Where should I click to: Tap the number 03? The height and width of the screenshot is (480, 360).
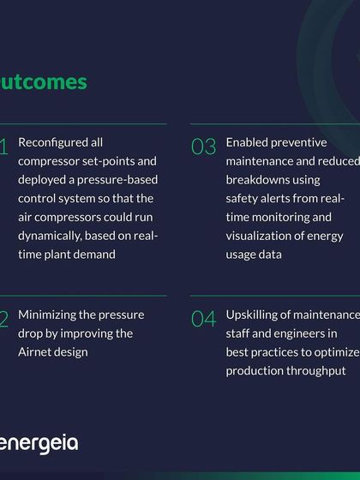click(204, 147)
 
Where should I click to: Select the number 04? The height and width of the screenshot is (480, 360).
click(204, 320)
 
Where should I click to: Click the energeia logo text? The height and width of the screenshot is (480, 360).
click(39, 443)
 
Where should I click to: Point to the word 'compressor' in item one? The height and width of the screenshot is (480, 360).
click(48, 161)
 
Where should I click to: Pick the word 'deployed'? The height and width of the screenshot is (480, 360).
click(41, 180)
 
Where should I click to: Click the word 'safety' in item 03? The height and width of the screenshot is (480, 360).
click(243, 198)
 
